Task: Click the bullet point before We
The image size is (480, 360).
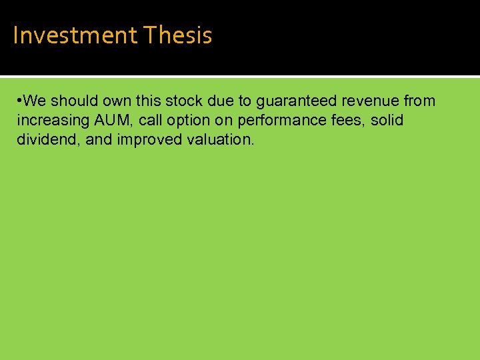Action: (x=20, y=101)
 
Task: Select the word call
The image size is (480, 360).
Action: (x=150, y=121)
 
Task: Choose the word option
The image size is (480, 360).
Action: (x=187, y=121)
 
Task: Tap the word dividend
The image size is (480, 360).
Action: (x=43, y=140)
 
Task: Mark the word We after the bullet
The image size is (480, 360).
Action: (x=35, y=101)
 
